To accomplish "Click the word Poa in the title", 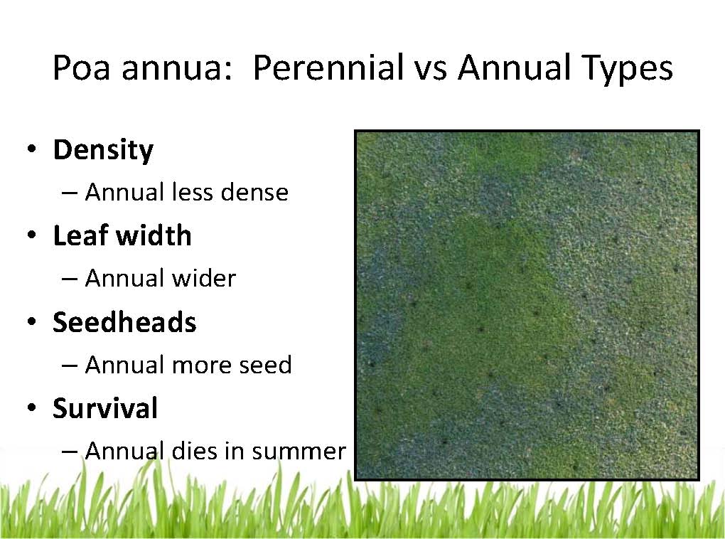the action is pos(81,68).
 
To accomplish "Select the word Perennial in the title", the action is pos(328,68).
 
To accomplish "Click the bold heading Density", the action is pos(103,151).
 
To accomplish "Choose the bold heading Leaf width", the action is pos(122,235).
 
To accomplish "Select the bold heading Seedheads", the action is pos(124,322).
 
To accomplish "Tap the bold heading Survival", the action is pos(105,408).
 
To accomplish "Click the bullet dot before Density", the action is pos(32,149).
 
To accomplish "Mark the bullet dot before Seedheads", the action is pos(32,321).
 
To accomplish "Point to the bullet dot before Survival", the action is pos(32,407).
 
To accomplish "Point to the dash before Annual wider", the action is pos(70,279).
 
